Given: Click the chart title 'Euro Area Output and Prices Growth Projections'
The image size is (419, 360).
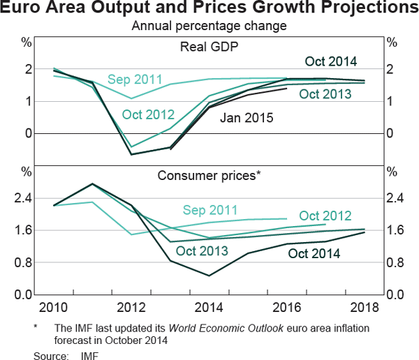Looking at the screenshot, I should [209, 10].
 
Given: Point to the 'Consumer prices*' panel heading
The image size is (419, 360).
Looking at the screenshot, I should [209, 177].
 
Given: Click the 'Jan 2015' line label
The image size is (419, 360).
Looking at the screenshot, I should [245, 118].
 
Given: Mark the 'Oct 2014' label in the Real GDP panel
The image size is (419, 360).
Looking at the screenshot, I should [331, 61].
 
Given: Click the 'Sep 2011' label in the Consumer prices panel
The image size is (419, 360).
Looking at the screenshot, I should [209, 209].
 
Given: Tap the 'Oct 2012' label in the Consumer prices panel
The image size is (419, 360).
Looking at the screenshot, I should [325, 216].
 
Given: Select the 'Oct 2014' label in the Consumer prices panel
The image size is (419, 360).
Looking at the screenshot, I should [314, 254].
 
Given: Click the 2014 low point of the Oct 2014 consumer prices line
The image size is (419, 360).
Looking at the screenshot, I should [209, 276].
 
